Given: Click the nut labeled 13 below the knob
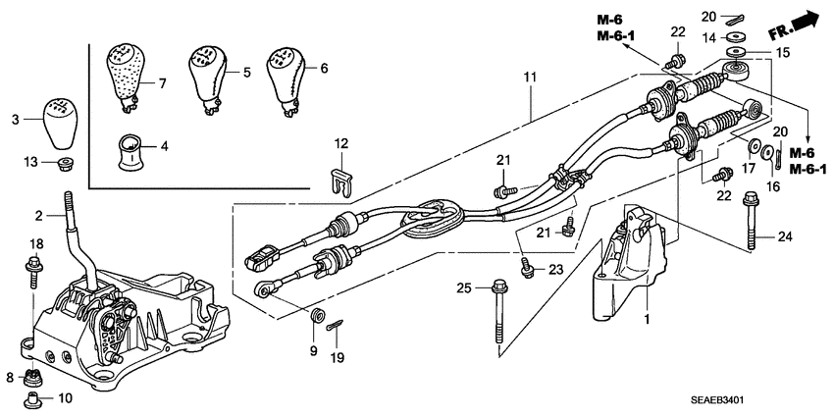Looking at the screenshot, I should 61,161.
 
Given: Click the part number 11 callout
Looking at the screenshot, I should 530,76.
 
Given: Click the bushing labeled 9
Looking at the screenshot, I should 317,317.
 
